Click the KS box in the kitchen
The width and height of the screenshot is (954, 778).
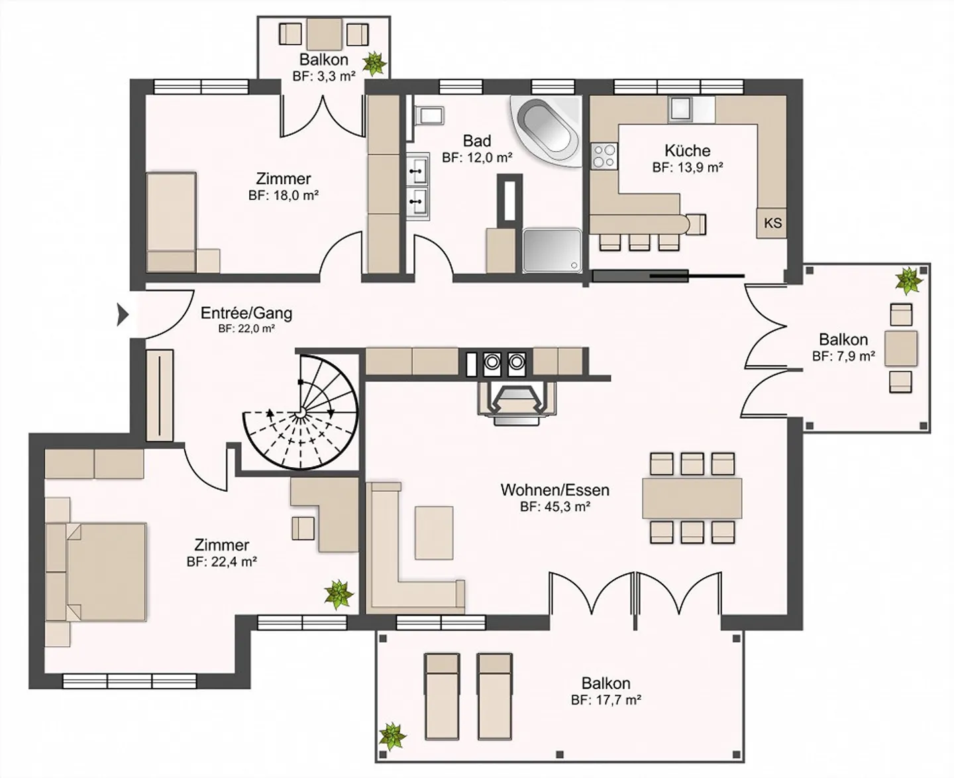click(x=772, y=223)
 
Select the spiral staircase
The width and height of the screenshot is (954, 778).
click(x=301, y=413)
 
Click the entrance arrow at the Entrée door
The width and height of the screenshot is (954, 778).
click(x=122, y=315)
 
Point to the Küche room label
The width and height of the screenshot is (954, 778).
click(x=687, y=150)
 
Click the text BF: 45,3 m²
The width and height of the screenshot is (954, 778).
click(x=555, y=507)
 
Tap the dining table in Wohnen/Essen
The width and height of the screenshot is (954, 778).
click(x=692, y=498)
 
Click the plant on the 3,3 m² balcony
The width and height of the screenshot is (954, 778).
click(x=375, y=63)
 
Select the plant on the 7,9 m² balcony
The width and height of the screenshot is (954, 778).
click(x=908, y=280)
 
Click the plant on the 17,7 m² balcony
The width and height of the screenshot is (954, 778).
click(x=392, y=736)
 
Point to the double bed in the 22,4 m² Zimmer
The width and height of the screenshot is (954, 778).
click(x=106, y=572)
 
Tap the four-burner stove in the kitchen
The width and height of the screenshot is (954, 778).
click(x=604, y=157)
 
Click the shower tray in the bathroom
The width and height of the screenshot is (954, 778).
click(x=552, y=250)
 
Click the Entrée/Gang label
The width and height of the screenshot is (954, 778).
click(x=246, y=313)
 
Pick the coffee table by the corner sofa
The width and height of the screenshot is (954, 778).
click(x=434, y=532)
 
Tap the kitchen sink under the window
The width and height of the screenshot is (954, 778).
click(x=680, y=109)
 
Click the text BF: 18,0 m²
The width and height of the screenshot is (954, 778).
click(x=284, y=195)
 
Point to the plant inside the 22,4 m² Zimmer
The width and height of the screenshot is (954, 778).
click(x=339, y=594)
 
